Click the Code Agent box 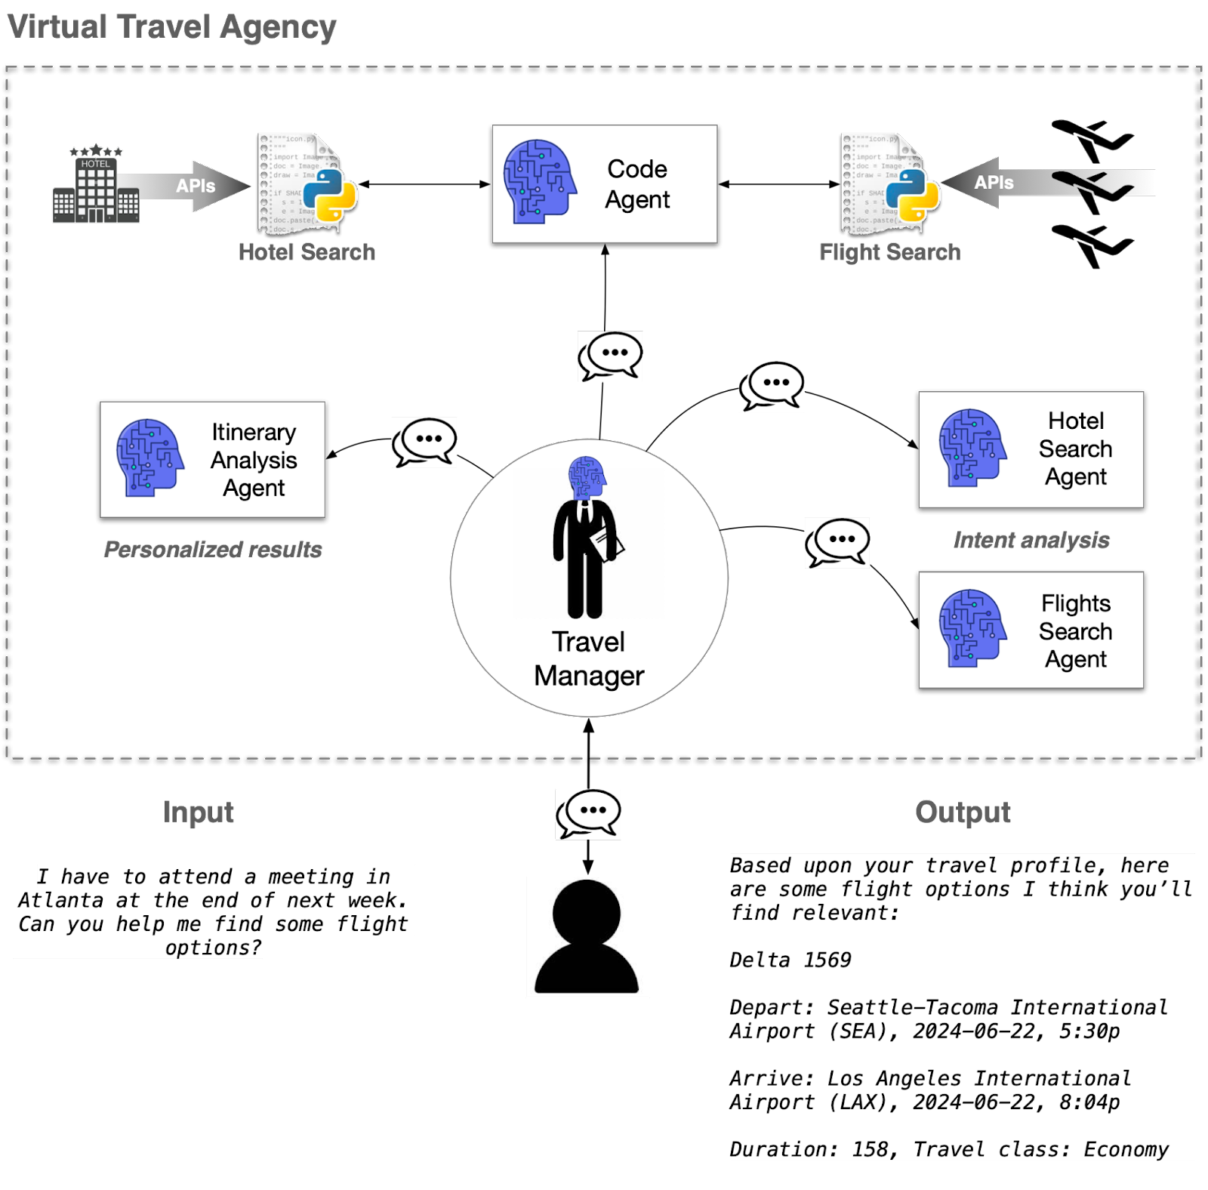604,183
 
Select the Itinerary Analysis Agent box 213,459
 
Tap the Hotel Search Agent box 1031,449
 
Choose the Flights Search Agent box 1031,630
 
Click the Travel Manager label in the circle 589,658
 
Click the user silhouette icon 587,936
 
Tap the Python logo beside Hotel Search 335,195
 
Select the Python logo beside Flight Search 913,195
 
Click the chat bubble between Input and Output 588,813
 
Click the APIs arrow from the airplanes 997,183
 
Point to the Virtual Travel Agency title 172,27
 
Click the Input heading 199,812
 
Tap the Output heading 963,812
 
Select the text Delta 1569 790,960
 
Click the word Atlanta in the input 60,900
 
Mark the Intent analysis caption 1031,541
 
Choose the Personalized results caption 213,550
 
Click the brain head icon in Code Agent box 539,182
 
